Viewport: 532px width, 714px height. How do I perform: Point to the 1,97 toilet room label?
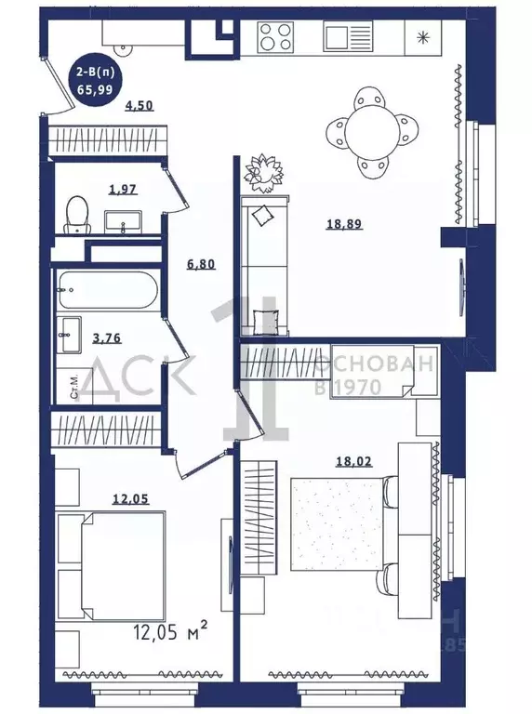pyautogui.click(x=122, y=191)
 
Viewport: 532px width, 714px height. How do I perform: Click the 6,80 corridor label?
pyautogui.click(x=201, y=264)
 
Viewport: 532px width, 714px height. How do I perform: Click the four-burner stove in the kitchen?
pyautogui.click(x=276, y=37)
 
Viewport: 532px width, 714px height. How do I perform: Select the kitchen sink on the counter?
pyautogui.click(x=347, y=37)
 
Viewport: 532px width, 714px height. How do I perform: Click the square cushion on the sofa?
pyautogui.click(x=263, y=215)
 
